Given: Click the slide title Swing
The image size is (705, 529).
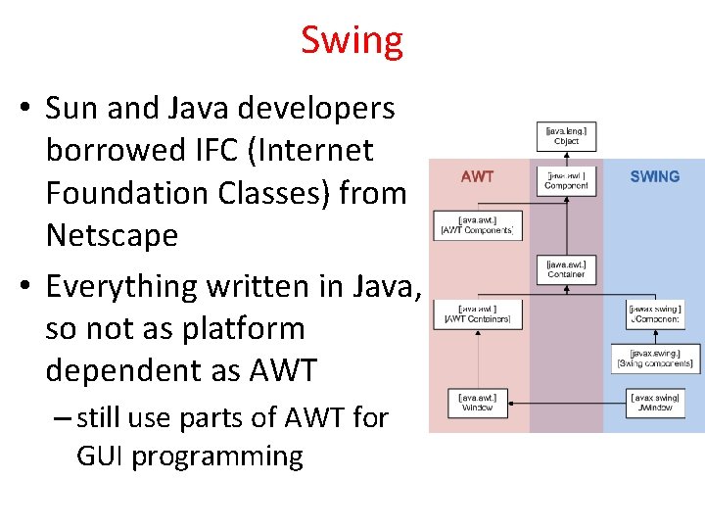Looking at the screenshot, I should [352, 41].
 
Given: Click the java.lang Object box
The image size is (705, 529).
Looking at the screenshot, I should [566, 135].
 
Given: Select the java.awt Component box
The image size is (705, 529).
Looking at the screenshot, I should [566, 180].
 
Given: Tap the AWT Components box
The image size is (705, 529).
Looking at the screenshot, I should [479, 225].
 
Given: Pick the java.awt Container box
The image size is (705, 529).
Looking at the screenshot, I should [566, 269].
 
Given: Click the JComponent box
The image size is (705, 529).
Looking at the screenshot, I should [655, 313].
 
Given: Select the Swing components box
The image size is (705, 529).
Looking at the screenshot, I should [655, 359].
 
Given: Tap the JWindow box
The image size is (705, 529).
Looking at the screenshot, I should [655, 403].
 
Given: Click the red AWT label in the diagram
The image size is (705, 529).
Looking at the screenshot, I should [477, 177].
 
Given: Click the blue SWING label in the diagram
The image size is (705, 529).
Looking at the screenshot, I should [654, 177].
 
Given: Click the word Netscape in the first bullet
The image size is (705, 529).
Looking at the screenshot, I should [112, 235].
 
